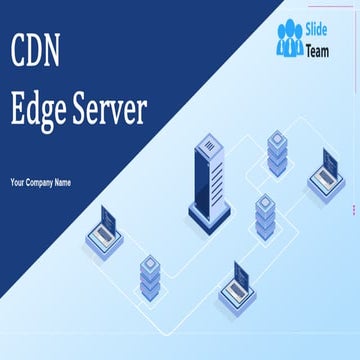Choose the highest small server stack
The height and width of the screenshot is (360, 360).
click(277, 148)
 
